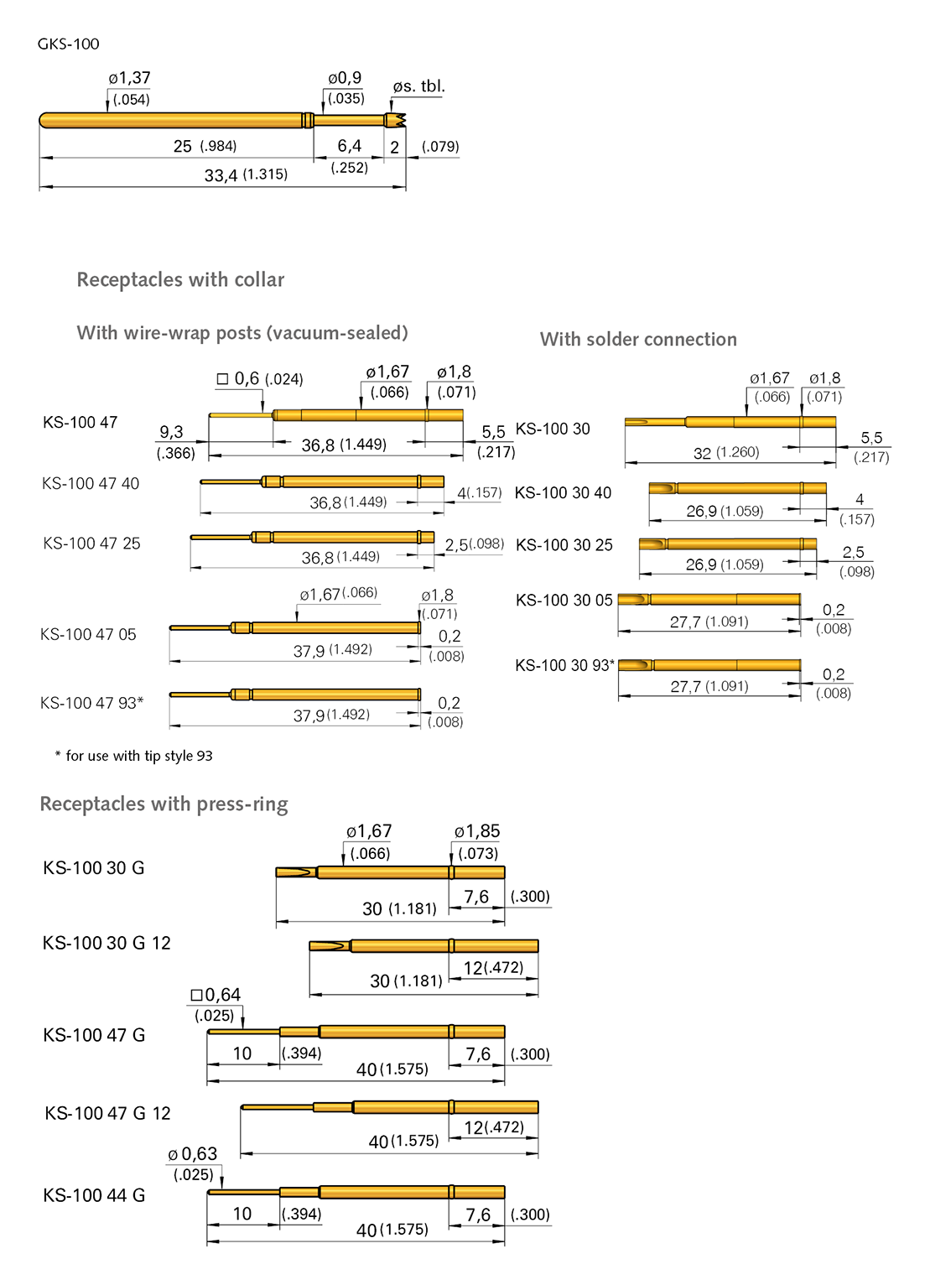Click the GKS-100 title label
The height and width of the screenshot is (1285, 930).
click(68, 44)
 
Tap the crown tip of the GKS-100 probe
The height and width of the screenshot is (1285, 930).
click(397, 121)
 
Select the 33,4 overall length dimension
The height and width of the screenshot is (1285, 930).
click(221, 175)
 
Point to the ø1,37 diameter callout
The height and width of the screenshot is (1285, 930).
click(129, 78)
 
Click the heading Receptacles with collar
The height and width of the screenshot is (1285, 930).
click(180, 279)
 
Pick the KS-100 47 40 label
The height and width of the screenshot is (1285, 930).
click(91, 483)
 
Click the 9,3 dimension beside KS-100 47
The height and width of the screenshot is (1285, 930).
click(171, 432)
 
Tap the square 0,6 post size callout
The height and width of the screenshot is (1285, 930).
click(259, 379)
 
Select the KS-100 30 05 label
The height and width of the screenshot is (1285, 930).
click(564, 600)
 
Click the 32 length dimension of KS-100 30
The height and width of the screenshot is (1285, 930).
click(703, 453)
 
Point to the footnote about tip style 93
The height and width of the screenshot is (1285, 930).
click(134, 756)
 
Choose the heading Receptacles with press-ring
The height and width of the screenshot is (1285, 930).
click(164, 804)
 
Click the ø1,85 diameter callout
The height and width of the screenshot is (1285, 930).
click(476, 831)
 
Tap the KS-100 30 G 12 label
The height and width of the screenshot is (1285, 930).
click(107, 943)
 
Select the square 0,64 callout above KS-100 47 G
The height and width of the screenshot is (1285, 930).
click(216, 995)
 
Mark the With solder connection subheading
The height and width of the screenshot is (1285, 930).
click(638, 339)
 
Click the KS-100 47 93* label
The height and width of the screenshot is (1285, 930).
click(91, 703)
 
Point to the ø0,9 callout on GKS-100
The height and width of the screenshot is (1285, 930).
click(345, 78)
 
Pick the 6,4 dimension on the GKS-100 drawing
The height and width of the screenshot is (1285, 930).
click(349, 146)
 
